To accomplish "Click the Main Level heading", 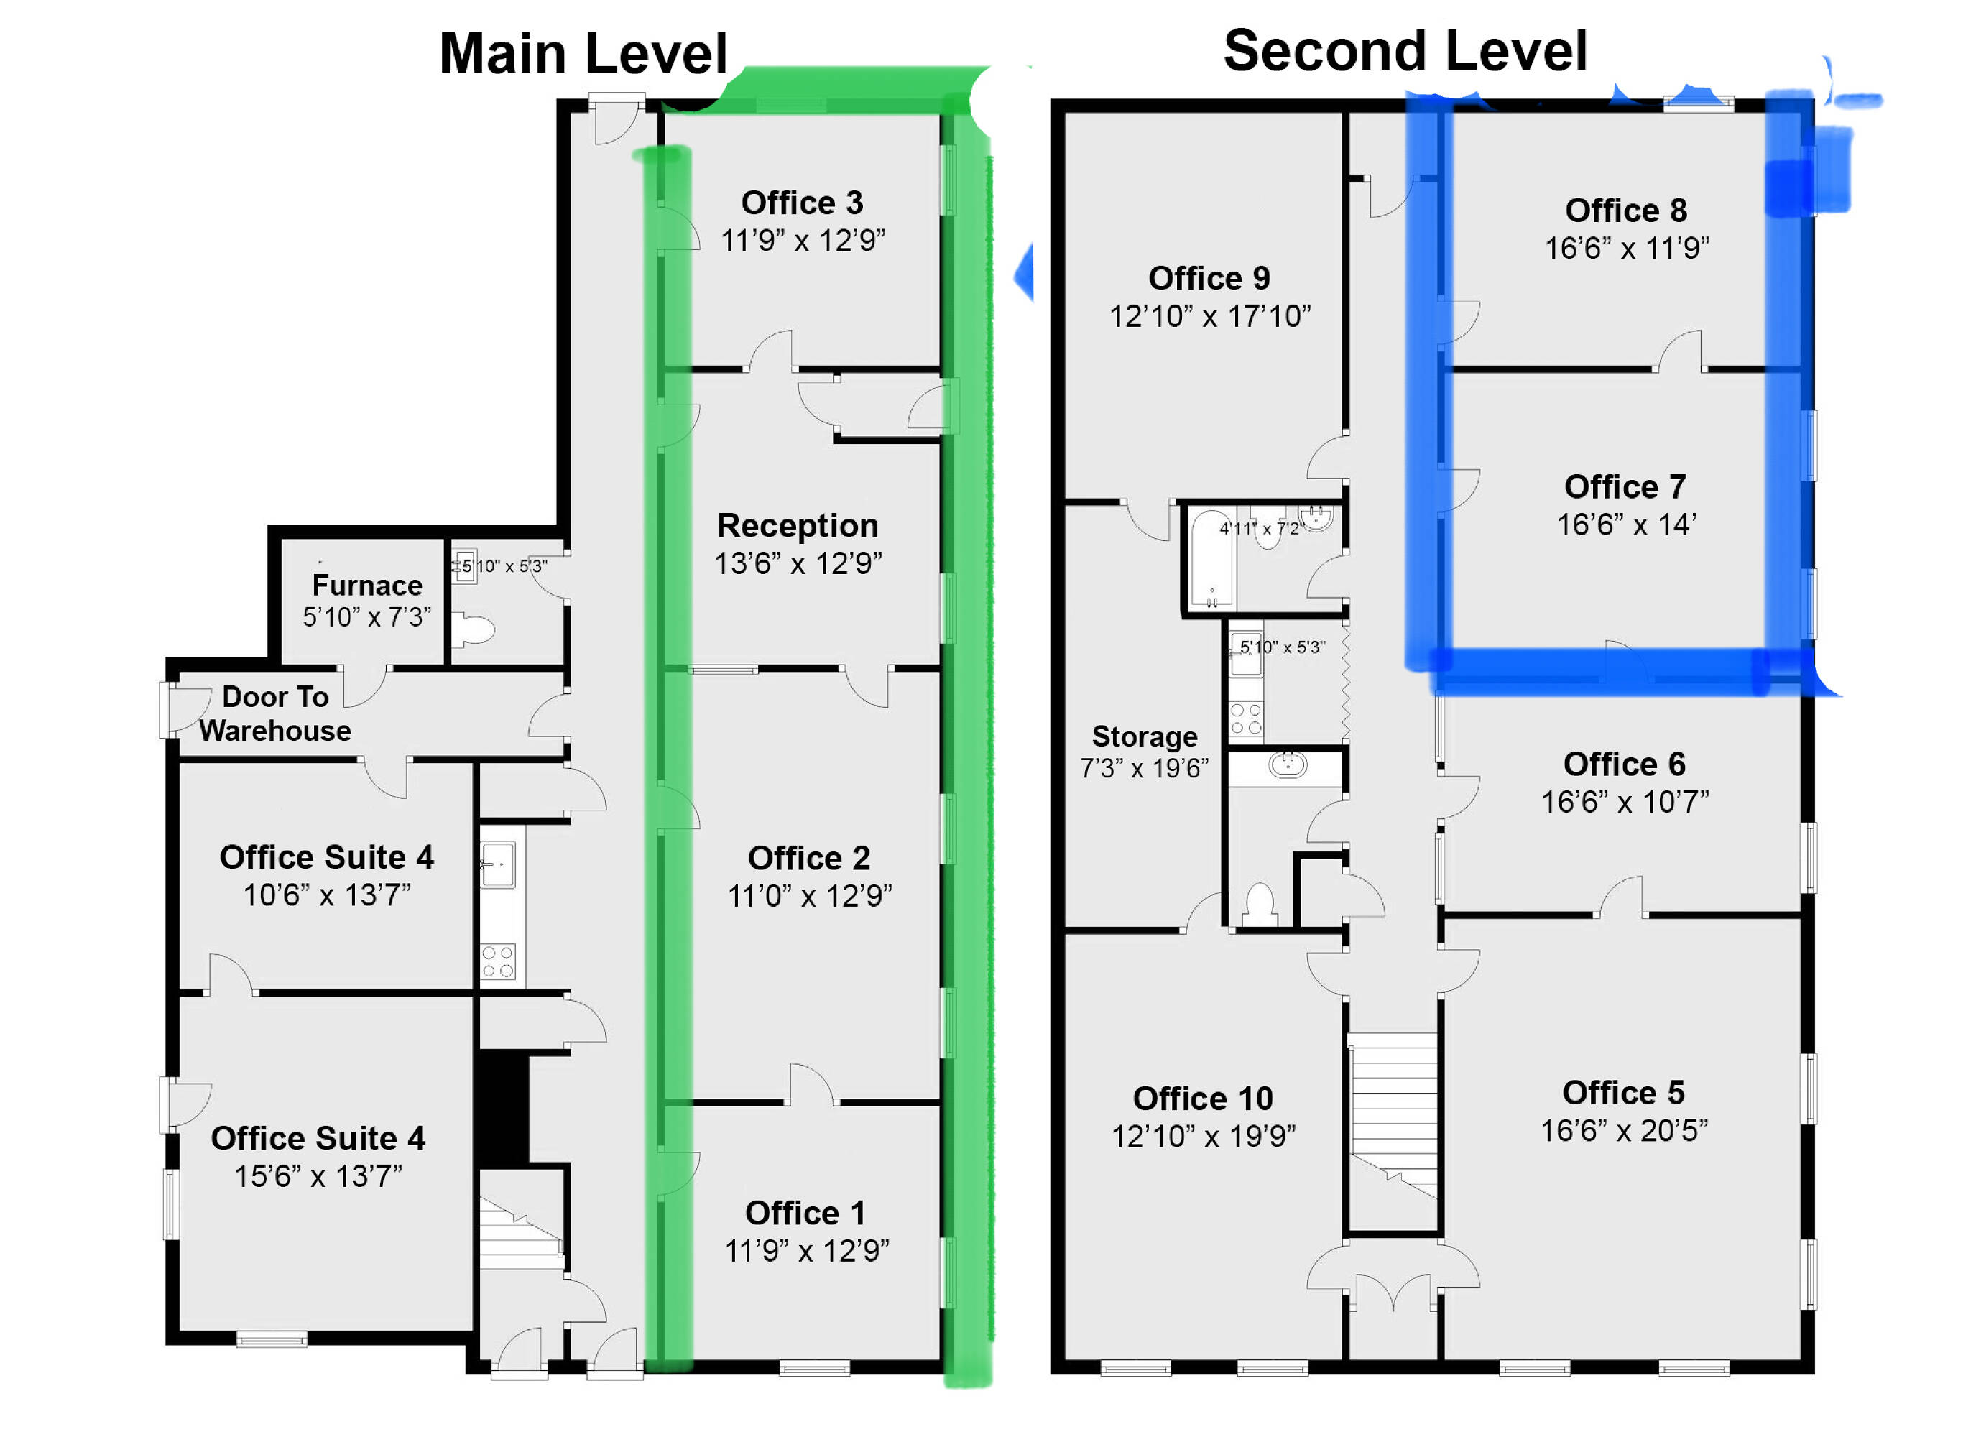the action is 583,53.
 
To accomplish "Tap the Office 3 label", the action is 803,203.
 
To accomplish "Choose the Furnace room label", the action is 366,585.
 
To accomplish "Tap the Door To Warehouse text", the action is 275,713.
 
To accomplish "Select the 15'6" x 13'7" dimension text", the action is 319,1176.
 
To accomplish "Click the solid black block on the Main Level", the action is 503,1109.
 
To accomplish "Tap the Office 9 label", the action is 1209,279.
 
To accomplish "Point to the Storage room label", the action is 1145,737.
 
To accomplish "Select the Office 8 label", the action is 1626,211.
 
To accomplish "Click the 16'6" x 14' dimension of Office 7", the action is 1626,525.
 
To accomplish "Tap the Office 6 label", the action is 1624,764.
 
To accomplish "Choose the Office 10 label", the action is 1203,1099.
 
